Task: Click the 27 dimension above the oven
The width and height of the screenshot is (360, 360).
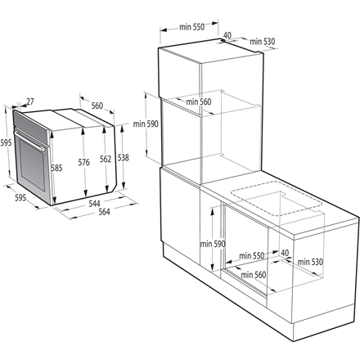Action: (30, 101)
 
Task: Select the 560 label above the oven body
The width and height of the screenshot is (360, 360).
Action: (97, 106)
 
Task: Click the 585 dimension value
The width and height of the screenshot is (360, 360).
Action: (56, 169)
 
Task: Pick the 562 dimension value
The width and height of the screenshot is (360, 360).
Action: (105, 159)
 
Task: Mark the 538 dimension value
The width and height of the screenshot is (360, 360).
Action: (123, 158)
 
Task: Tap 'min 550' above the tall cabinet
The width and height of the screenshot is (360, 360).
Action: (191, 27)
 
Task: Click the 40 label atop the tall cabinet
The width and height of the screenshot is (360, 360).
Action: (227, 35)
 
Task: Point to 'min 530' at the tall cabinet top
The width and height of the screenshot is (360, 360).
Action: (259, 40)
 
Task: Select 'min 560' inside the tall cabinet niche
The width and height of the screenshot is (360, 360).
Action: (199, 101)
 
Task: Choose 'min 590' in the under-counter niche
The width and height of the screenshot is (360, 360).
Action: (211, 244)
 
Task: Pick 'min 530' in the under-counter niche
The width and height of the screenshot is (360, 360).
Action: (312, 262)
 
